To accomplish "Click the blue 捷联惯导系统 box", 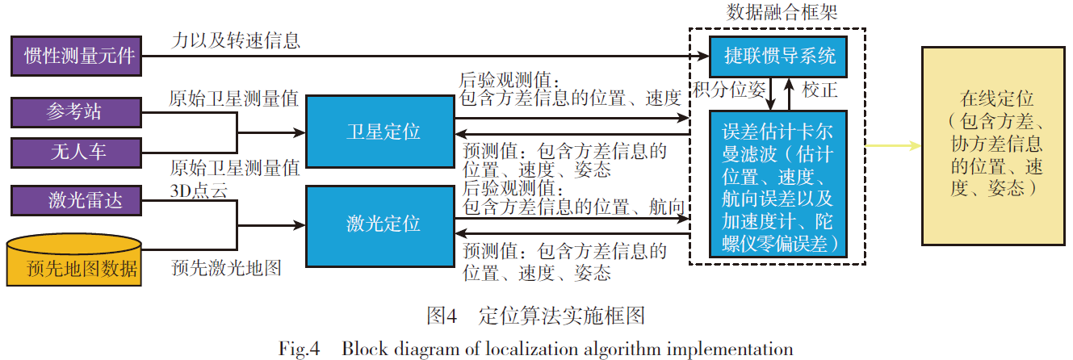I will pyautogui.click(x=778, y=57).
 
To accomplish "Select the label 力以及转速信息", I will pyautogui.click(x=236, y=40).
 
